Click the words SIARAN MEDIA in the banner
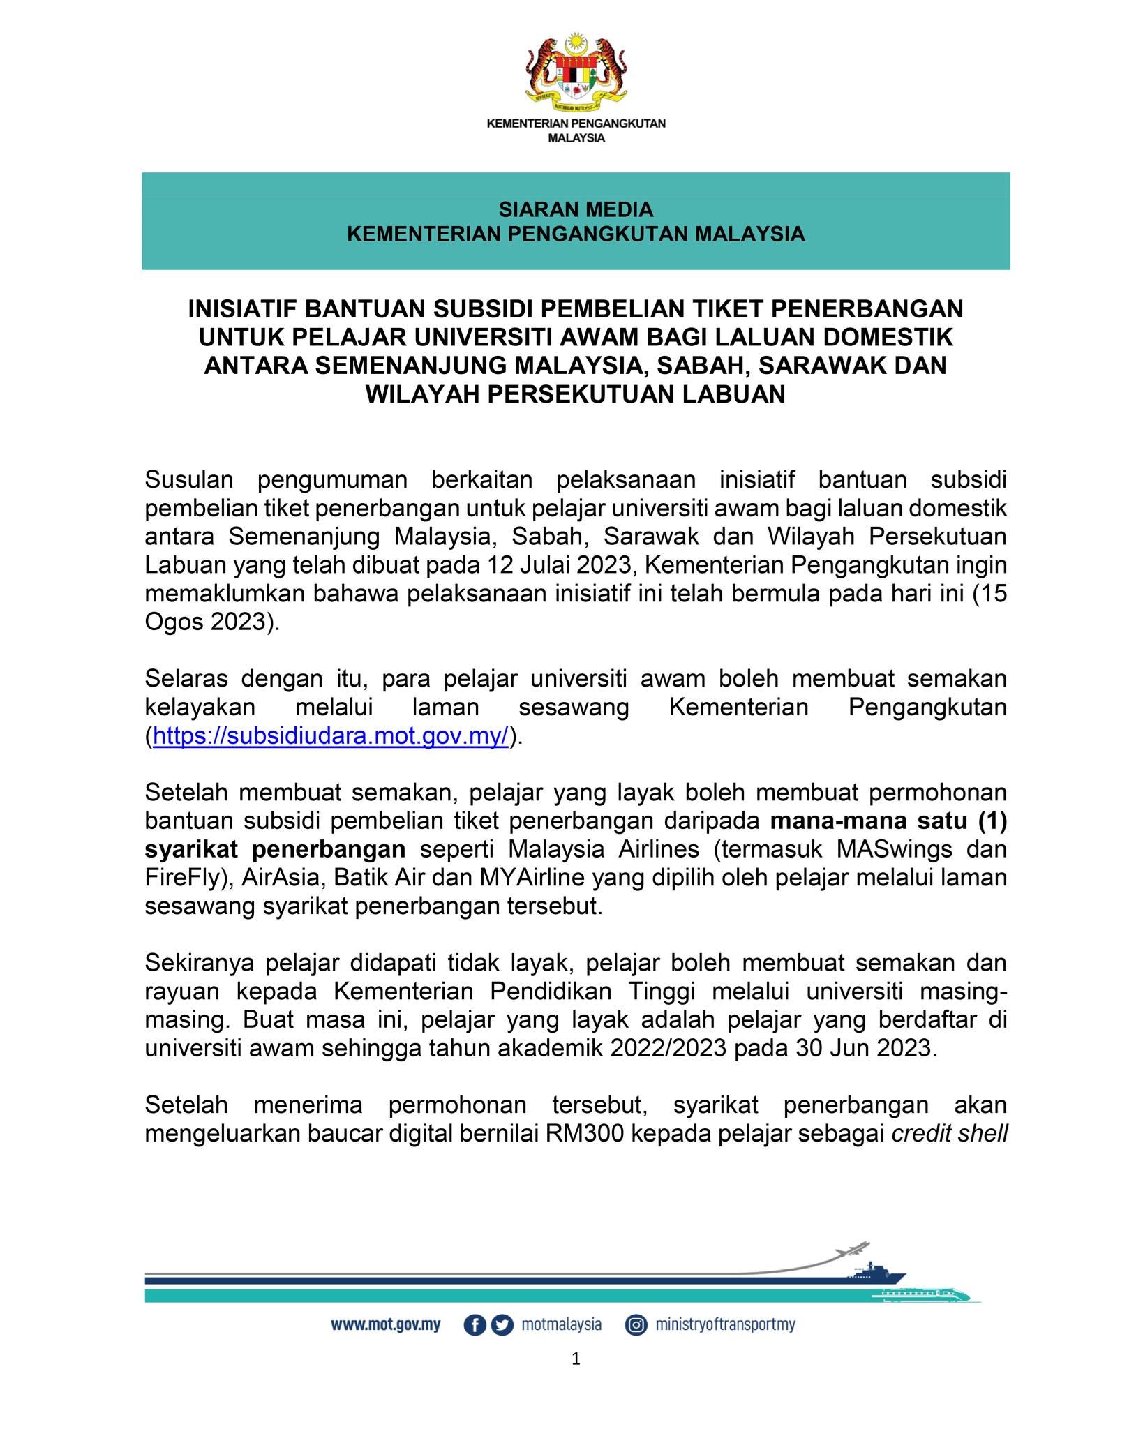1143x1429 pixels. pos(576,209)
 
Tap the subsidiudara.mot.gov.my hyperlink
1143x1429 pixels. pos(331,736)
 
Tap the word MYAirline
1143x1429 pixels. pos(532,877)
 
